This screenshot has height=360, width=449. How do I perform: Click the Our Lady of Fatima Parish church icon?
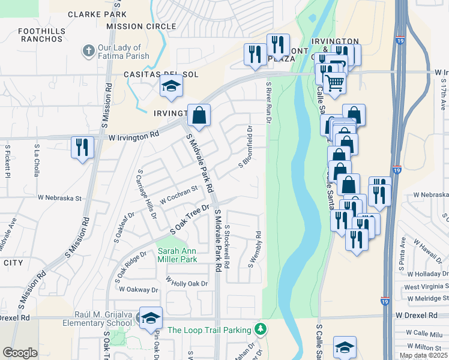tap(88, 51)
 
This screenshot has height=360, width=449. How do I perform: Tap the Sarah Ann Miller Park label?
tap(177, 255)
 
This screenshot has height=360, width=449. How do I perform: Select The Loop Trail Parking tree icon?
tap(260, 329)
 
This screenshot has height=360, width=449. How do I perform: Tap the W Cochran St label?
tap(178, 194)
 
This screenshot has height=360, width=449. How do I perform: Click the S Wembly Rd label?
tap(255, 250)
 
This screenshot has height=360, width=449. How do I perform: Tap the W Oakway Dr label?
tap(138, 289)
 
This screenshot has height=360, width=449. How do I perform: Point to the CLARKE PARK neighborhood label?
tap(97, 14)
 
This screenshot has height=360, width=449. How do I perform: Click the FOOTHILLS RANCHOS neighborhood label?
tap(41, 35)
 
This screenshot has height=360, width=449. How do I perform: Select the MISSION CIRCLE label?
tap(142, 26)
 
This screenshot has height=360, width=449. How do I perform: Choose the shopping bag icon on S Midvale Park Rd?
tap(199, 115)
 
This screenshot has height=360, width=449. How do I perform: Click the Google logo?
tap(20, 353)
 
